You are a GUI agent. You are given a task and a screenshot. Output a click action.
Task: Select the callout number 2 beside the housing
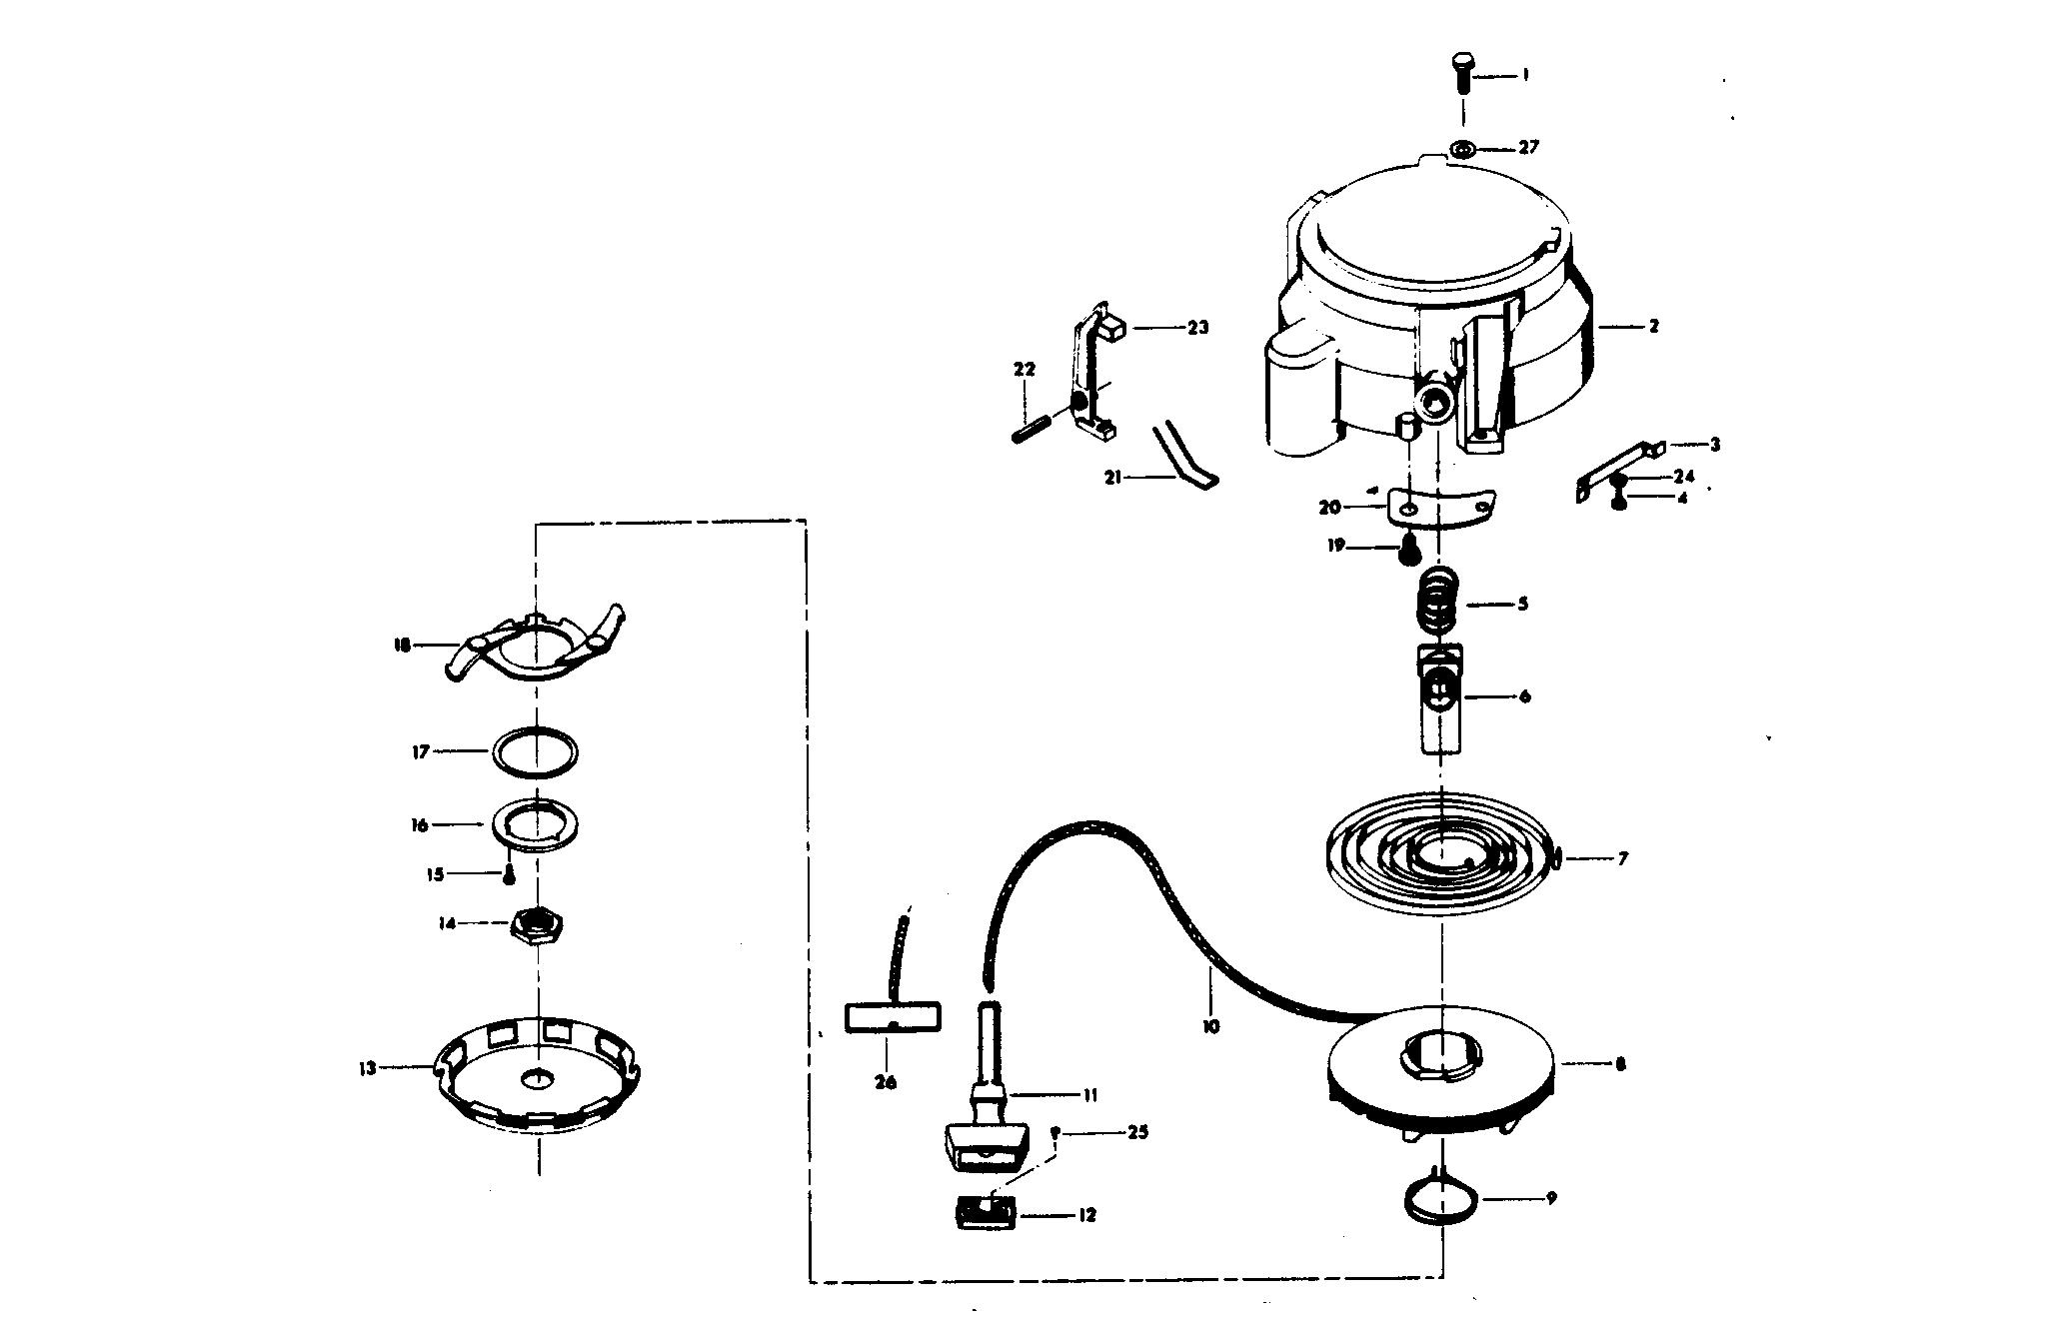tap(1654, 326)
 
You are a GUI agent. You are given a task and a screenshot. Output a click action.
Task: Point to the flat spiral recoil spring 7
tap(1440, 855)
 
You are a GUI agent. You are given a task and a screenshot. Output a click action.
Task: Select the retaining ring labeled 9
tap(1438, 1197)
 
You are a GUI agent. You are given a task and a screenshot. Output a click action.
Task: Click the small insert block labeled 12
tap(987, 1215)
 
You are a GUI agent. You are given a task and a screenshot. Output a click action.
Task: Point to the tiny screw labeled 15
tap(509, 876)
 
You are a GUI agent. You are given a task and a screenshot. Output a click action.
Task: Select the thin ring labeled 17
tap(537, 751)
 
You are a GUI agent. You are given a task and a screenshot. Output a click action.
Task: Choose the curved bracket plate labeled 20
tap(1440, 510)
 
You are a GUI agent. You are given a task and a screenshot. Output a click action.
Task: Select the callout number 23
tap(1197, 327)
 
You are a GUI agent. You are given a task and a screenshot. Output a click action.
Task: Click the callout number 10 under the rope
tap(1211, 1026)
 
